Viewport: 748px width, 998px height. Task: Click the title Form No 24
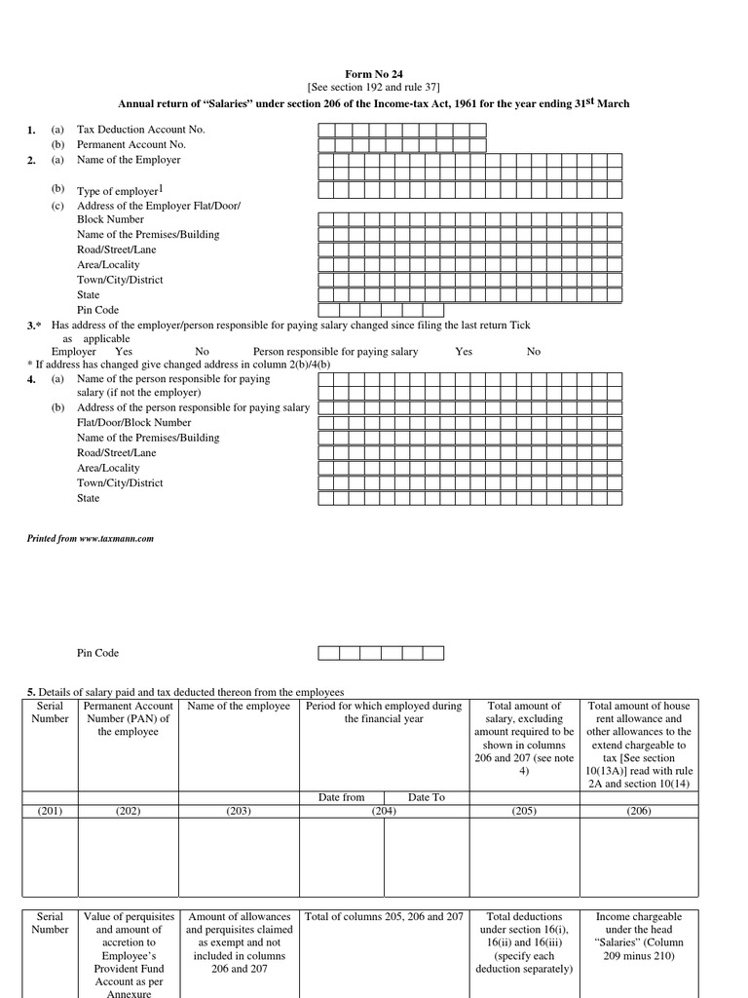pos(374,74)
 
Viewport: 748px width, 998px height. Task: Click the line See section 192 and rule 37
pos(374,88)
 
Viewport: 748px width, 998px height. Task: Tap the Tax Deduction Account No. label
pos(141,130)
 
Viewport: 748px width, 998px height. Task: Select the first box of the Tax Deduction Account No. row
pos(326,130)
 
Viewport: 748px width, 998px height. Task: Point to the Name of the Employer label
pos(129,160)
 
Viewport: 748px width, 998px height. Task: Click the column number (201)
pos(50,810)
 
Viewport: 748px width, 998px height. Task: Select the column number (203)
pos(239,810)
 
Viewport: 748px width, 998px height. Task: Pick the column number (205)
pos(524,810)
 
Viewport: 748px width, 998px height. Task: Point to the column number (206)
pos(639,810)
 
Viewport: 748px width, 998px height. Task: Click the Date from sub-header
pos(341,797)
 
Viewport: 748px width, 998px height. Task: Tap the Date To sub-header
pos(426,797)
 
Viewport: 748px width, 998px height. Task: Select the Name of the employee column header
pos(239,707)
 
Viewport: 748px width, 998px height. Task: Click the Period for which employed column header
pos(384,712)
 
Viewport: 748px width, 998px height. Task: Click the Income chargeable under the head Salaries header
pos(639,936)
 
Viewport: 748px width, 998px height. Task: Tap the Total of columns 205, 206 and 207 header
pos(384,917)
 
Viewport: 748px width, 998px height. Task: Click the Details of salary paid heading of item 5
pos(178,691)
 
